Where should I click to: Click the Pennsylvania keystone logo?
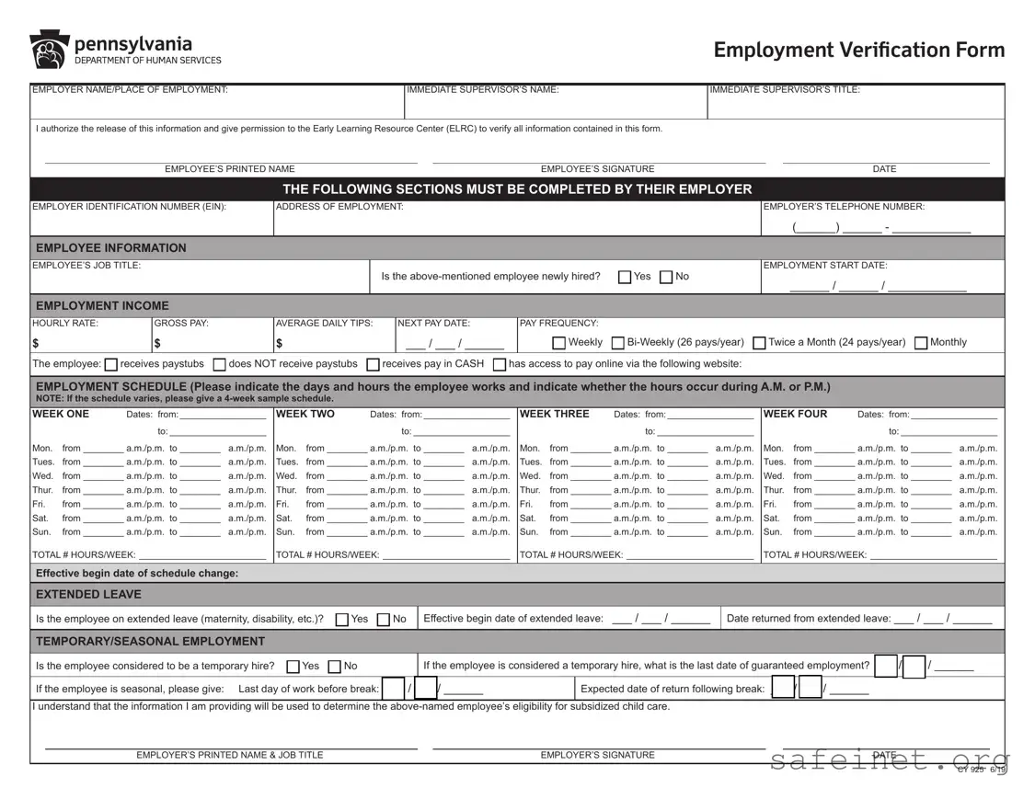tap(50, 50)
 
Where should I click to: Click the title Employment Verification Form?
tap(859, 50)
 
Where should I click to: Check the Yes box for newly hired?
tap(625, 277)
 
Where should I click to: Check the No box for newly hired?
tap(666, 277)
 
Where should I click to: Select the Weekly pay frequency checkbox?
tap(558, 343)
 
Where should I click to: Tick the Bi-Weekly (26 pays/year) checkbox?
tap(618, 343)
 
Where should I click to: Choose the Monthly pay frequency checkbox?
tap(921, 343)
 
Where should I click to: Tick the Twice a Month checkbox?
tap(759, 343)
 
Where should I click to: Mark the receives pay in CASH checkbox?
tap(374, 365)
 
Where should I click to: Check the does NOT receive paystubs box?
tap(220, 365)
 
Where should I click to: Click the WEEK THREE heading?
tap(554, 415)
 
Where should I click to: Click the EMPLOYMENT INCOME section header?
tap(102, 305)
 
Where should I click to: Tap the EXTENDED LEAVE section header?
tap(88, 594)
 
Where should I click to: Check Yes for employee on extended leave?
tap(342, 620)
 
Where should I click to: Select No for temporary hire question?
tap(335, 667)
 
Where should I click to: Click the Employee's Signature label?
tap(597, 169)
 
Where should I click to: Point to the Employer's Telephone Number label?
tap(844, 207)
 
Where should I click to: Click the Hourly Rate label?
tap(65, 324)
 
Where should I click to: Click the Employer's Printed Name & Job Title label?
tap(230, 755)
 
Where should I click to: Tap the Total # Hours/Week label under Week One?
tap(84, 555)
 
